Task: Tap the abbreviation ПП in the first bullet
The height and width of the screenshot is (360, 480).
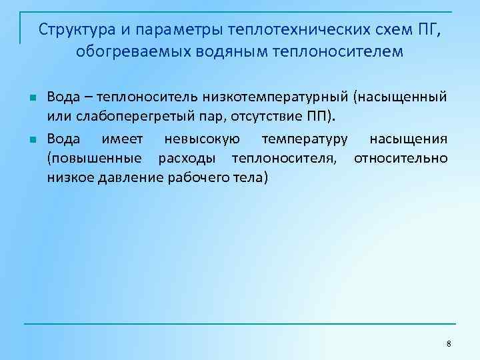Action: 319,117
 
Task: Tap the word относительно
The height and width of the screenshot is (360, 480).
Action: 401,159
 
